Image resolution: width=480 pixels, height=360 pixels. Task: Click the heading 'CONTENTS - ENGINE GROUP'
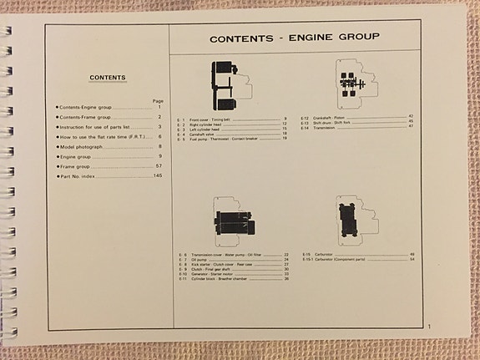click(294, 38)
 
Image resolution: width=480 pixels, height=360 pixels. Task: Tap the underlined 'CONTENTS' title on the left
click(107, 79)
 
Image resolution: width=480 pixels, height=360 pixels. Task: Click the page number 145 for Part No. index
click(156, 176)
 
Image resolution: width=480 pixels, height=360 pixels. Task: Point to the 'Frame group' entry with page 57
click(82, 166)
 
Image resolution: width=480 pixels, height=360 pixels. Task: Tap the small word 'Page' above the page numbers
click(158, 100)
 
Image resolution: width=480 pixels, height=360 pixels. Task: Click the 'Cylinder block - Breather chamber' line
click(222, 279)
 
